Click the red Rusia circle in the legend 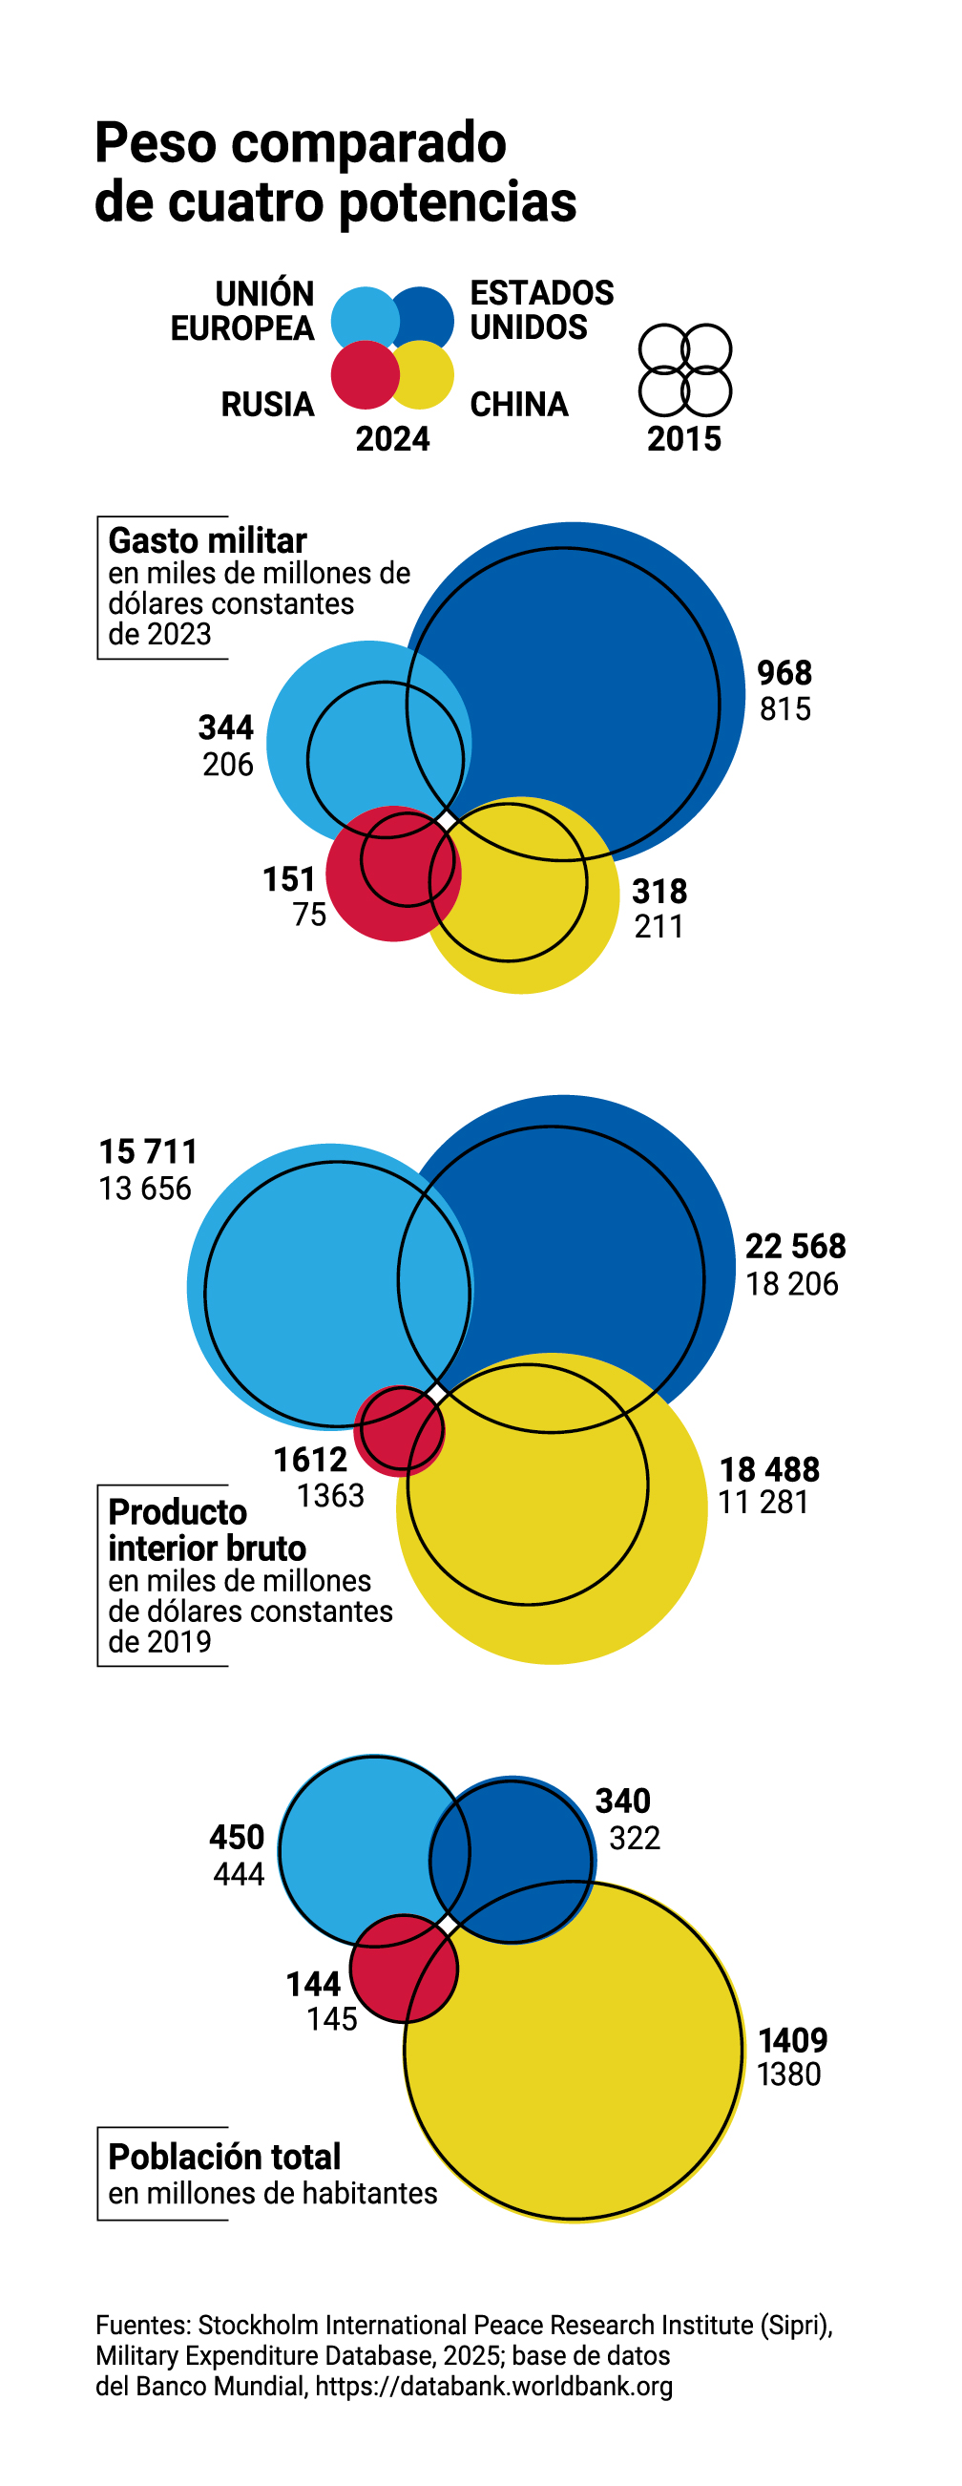(364, 374)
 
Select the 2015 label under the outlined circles (684, 439)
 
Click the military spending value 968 (784, 673)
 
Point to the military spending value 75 (310, 914)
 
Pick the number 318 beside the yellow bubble (659, 891)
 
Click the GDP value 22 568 (795, 1246)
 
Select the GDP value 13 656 (145, 1188)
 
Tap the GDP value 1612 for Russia (310, 1459)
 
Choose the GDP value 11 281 (763, 1502)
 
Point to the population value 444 (239, 1873)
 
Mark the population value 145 (332, 2018)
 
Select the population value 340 (622, 1800)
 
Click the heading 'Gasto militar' (206, 540)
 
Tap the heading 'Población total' (224, 2156)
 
